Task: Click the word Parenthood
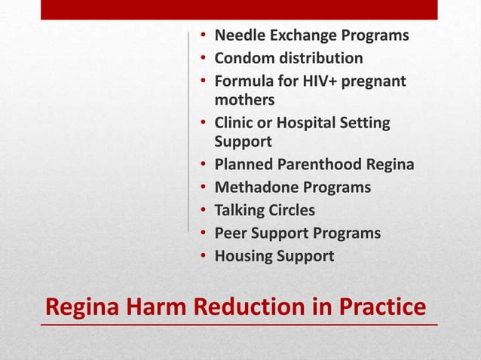pyautogui.click(x=317, y=165)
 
